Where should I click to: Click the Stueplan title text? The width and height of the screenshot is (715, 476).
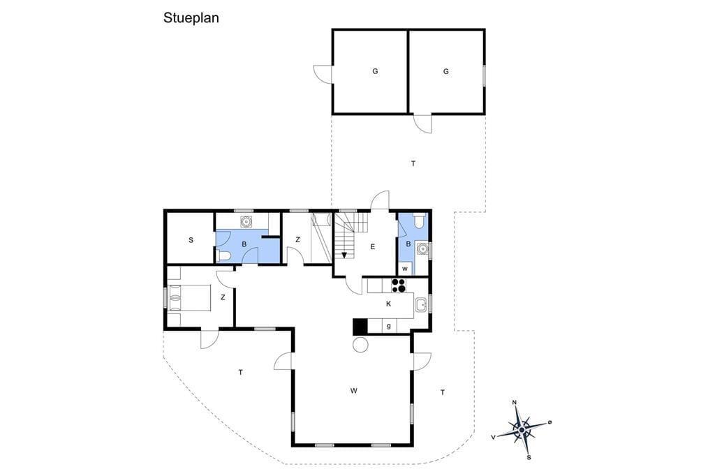(191, 18)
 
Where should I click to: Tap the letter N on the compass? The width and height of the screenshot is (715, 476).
(515, 402)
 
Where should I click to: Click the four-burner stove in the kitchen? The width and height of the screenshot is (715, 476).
(399, 285)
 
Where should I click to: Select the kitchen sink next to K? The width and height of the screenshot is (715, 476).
(421, 304)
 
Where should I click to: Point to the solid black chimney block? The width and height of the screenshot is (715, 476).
(360, 327)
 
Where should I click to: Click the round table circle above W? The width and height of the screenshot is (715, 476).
(360, 345)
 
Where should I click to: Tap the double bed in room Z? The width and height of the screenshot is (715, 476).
(189, 298)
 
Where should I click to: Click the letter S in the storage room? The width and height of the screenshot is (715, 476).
(191, 240)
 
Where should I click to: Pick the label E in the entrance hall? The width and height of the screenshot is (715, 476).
(373, 246)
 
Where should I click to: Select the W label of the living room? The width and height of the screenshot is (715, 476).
(354, 390)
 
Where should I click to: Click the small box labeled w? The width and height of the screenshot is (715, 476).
(405, 269)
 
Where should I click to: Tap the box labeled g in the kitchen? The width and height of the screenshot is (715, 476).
(388, 326)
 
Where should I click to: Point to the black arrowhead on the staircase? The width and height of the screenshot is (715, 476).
(344, 255)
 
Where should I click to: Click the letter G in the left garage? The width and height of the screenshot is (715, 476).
(375, 71)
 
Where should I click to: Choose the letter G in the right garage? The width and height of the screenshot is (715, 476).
(446, 71)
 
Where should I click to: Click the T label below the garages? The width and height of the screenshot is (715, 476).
(413, 163)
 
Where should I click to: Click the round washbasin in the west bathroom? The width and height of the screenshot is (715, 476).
(246, 221)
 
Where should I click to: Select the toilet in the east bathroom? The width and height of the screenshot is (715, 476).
(419, 221)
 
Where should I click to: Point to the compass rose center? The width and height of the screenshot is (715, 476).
(521, 429)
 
